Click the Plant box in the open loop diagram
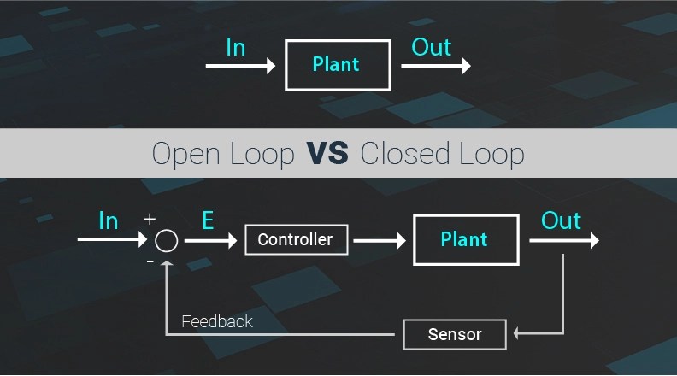pyautogui.click(x=335, y=64)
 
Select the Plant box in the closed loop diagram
pyautogui.click(x=465, y=240)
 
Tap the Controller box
pyautogui.click(x=295, y=240)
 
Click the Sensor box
pyautogui.click(x=454, y=334)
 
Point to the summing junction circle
pyautogui.click(x=167, y=241)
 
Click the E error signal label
pyautogui.click(x=208, y=221)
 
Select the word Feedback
pyautogui.click(x=217, y=321)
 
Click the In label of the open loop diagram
pyautogui.click(x=236, y=46)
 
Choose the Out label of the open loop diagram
pyautogui.click(x=431, y=46)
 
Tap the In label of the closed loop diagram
pyautogui.click(x=108, y=221)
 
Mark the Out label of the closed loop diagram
pyautogui.click(x=561, y=221)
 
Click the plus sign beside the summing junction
pyautogui.click(x=150, y=220)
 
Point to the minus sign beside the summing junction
pyautogui.click(x=150, y=261)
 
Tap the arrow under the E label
pyautogui.click(x=210, y=241)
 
